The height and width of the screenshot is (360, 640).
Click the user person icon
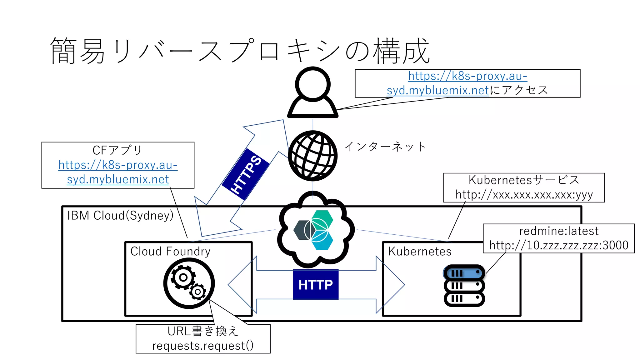tap(312, 92)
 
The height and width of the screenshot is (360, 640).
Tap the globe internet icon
tap(312, 156)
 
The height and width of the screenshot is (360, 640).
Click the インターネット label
tap(385, 146)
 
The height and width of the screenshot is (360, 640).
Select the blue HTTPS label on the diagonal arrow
tap(246, 174)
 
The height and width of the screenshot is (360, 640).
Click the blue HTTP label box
tap(316, 284)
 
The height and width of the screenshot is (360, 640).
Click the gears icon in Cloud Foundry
tap(189, 283)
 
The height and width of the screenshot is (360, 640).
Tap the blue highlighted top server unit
tap(464, 273)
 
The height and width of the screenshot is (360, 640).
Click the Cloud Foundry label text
tap(170, 251)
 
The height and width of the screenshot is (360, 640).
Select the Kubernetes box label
tap(420, 251)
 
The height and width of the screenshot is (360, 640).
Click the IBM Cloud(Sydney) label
tap(120, 215)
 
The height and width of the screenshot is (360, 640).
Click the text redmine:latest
tap(559, 231)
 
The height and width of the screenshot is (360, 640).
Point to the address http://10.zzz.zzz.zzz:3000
tap(559, 245)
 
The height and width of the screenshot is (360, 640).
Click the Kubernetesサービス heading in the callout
tap(524, 180)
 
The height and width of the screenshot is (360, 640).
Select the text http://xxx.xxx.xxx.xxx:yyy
tap(524, 194)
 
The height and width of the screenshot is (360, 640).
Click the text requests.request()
tap(203, 346)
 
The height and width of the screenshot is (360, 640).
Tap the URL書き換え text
tap(203, 331)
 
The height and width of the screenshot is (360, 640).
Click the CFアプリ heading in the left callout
tap(117, 150)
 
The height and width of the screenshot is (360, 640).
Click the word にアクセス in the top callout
tap(519, 90)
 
